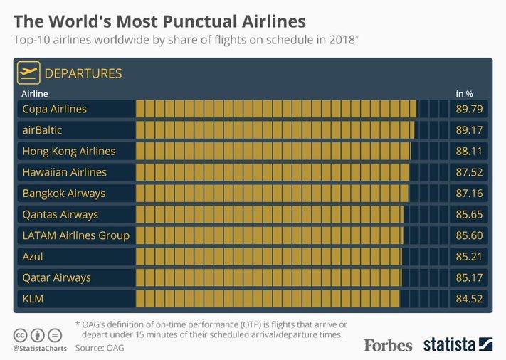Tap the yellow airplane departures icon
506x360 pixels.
tap(29, 73)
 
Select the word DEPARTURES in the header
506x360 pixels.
tap(83, 73)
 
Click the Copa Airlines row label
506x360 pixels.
tap(55, 109)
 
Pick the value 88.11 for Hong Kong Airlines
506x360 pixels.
tap(469, 152)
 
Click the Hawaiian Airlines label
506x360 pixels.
tap(65, 172)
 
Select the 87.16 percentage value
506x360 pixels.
tap(469, 194)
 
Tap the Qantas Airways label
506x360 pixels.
tap(60, 214)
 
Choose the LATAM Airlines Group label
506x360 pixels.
tap(76, 235)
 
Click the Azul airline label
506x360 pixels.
tap(33, 256)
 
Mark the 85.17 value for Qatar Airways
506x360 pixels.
tap(469, 277)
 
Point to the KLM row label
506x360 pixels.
tap(33, 299)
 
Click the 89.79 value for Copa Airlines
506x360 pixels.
tap(469, 109)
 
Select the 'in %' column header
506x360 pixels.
tap(464, 93)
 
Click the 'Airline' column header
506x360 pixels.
tap(35, 93)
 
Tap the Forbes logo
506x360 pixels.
tap(388, 345)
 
